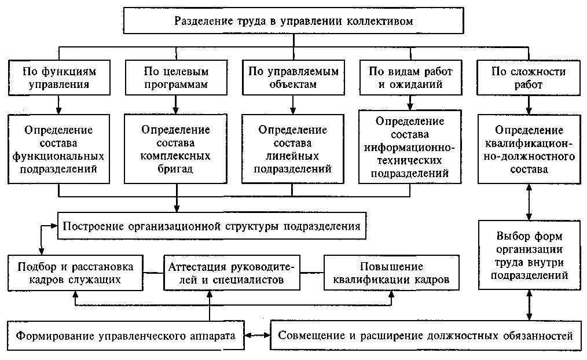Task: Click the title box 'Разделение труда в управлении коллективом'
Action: pos(294,21)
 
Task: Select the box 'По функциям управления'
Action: pos(58,78)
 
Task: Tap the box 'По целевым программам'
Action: pos(175,78)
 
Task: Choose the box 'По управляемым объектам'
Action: pos(293,78)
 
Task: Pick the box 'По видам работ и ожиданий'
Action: pos(410,78)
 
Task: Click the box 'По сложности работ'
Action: pos(529,78)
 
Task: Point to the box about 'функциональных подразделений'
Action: pos(58,149)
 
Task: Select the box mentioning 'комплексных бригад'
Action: pos(175,149)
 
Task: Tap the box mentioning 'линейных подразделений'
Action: pos(293,149)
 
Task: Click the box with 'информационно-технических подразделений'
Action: pos(410,148)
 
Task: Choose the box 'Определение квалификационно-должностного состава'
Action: pos(529,149)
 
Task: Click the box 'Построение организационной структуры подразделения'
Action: pos(212,226)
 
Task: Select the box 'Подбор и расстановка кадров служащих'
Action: pos(76,273)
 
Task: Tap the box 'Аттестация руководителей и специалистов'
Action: pos(232,273)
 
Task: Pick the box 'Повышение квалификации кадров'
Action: pos(391,273)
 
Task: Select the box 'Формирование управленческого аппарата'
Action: pos(126,336)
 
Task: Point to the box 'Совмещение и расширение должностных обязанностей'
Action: pos(425,336)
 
